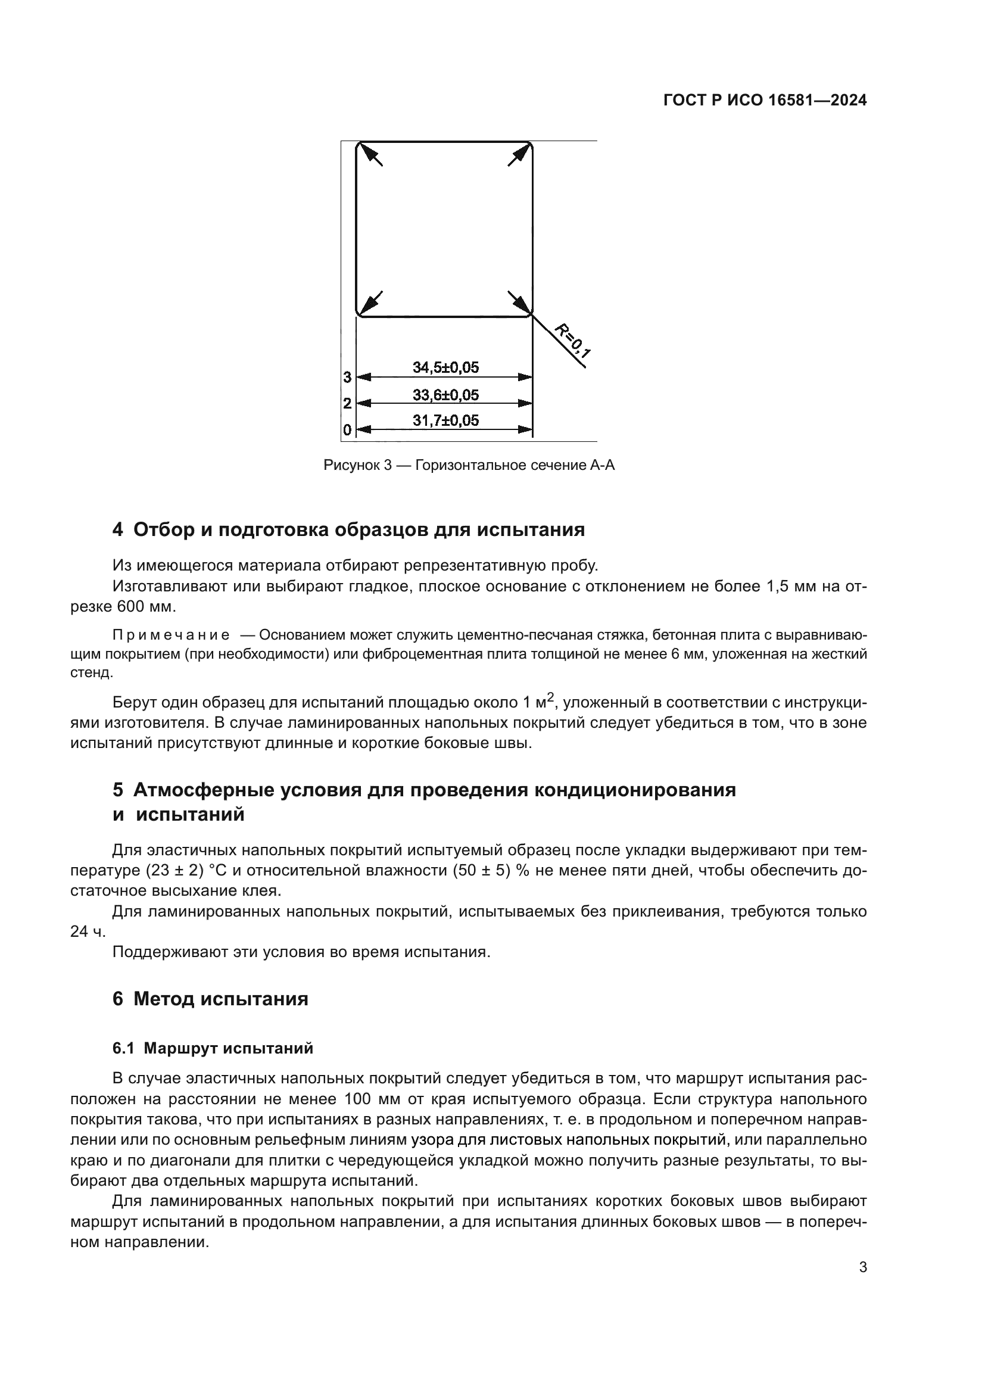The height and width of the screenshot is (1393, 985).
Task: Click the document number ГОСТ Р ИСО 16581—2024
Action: coord(765,101)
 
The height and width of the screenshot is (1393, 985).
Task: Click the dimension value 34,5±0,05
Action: coord(446,367)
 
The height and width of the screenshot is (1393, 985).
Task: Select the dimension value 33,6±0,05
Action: coord(446,395)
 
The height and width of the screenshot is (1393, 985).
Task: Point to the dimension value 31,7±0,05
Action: coord(446,420)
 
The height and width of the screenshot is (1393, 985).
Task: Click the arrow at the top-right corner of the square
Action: coord(518,155)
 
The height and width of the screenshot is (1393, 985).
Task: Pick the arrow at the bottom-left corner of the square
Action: coord(371,302)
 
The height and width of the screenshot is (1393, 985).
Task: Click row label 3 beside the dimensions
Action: coord(348,378)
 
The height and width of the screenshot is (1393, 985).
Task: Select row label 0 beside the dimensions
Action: coord(348,430)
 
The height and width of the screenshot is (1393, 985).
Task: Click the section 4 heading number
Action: coord(118,529)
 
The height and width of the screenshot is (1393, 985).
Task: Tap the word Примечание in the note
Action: coord(171,635)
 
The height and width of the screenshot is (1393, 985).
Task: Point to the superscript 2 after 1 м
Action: coord(550,698)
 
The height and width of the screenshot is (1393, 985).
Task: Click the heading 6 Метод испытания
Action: coord(210,999)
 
